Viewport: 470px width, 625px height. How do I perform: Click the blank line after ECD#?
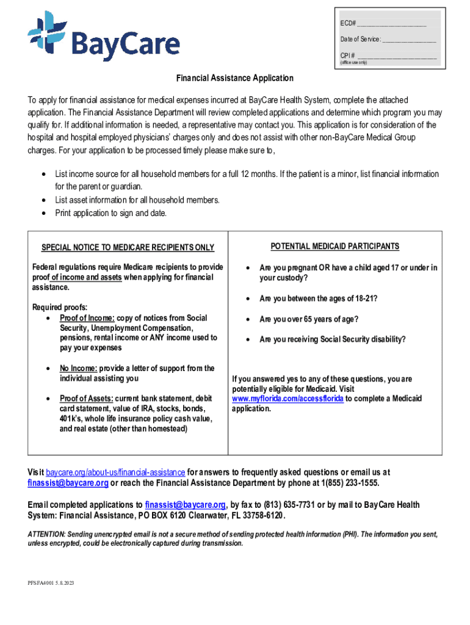(391, 24)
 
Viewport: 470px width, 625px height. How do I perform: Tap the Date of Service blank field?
(409, 40)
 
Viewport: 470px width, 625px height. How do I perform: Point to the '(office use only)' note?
(353, 63)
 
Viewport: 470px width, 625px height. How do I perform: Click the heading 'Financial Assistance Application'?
(235, 79)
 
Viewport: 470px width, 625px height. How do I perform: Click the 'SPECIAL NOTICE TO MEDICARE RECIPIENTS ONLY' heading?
(128, 247)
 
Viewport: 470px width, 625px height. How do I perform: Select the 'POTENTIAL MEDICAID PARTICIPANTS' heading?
(335, 247)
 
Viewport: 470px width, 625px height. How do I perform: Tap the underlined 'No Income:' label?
(78, 369)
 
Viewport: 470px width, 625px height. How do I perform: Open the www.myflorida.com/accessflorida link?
(288, 399)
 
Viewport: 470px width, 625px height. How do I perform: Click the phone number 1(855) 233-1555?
(347, 483)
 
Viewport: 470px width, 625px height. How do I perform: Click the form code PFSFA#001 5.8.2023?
(51, 583)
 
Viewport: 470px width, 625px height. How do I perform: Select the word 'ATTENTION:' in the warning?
(46, 535)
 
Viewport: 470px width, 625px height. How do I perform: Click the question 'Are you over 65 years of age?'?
(309, 319)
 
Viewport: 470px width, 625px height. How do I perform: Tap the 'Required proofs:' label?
(60, 307)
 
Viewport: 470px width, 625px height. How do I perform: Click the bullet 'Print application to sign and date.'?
(110, 213)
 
